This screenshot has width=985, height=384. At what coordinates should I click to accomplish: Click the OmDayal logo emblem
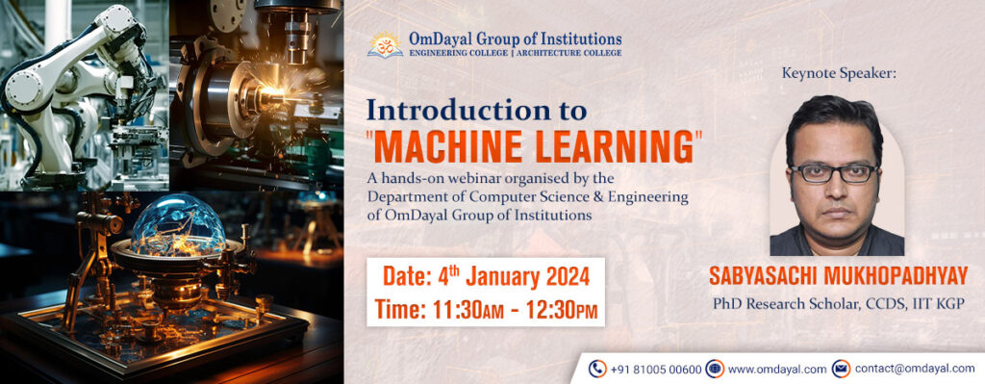point(385,44)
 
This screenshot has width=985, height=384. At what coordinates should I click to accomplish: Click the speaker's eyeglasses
point(833,174)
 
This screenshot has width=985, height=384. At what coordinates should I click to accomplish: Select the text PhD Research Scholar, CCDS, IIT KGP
point(838,303)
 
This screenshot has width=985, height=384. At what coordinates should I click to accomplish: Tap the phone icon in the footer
point(597,369)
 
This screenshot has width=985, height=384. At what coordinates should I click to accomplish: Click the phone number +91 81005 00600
point(656,369)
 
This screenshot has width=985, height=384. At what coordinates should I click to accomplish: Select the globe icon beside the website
point(715,369)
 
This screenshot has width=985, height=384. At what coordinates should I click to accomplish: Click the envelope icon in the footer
point(841,369)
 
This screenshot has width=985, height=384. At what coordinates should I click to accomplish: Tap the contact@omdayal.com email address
point(914,369)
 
